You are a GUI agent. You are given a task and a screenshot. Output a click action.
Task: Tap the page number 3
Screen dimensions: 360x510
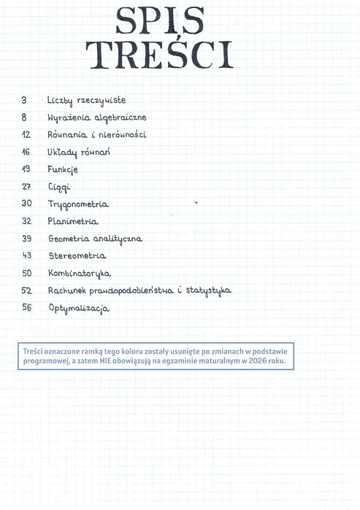click(24, 100)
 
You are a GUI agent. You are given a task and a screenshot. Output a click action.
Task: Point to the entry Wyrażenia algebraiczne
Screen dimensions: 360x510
click(96, 117)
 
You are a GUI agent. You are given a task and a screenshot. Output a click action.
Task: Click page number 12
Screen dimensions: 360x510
click(26, 135)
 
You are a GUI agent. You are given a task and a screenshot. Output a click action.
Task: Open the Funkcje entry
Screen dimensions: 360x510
click(63, 169)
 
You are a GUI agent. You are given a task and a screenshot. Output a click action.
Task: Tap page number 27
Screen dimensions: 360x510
click(26, 187)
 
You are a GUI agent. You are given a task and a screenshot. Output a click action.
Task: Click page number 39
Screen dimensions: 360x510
click(26, 239)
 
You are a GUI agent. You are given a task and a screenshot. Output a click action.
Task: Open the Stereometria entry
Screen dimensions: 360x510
click(77, 256)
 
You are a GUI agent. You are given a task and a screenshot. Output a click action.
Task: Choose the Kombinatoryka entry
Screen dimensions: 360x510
click(79, 274)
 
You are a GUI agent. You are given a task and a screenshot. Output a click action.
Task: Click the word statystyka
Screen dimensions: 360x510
click(208, 290)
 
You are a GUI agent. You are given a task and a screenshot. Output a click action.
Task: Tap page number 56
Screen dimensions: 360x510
click(26, 308)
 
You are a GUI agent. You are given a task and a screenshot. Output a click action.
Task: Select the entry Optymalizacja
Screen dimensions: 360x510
click(78, 309)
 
